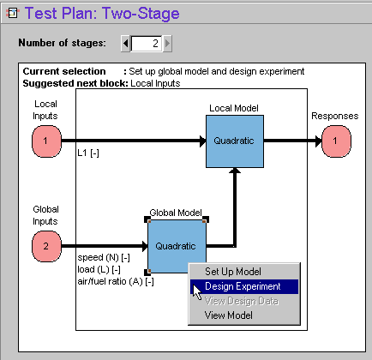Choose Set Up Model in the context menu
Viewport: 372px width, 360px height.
233,272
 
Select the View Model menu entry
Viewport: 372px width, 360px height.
229,315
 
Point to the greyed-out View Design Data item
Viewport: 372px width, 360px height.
242,301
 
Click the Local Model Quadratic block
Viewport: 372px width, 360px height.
235,141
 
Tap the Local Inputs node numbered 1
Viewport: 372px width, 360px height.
46,141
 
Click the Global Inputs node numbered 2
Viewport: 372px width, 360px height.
46,246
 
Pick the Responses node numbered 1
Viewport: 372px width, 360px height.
336,141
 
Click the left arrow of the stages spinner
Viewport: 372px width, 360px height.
126,44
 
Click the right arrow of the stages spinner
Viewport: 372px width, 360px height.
167,44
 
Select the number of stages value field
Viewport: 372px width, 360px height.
147,44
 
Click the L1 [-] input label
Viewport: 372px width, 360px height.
88,153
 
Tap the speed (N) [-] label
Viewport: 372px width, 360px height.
104,258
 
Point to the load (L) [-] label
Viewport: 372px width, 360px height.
99,270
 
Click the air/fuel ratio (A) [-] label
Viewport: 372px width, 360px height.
116,282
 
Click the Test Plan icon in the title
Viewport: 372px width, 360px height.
12,13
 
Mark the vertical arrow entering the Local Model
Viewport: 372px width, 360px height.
235,207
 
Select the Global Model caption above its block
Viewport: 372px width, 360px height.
176,213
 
